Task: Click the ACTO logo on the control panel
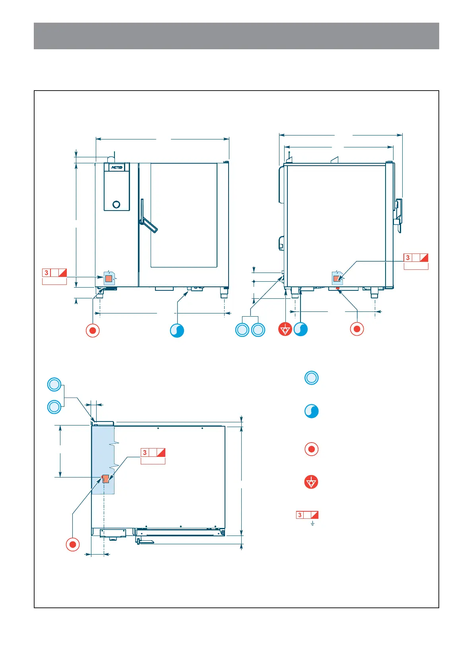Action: (x=117, y=167)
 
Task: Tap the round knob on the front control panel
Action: (x=116, y=205)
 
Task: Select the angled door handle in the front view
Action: (x=149, y=224)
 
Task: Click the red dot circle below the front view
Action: (x=93, y=331)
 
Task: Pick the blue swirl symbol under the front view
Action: (x=177, y=331)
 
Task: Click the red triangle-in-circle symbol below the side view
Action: (x=285, y=329)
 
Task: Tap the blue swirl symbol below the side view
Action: (x=300, y=329)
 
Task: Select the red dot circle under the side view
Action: (x=357, y=329)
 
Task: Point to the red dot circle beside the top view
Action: (x=73, y=544)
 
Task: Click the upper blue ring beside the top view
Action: (x=54, y=385)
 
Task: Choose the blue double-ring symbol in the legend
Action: (x=312, y=378)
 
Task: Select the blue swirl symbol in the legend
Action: (x=312, y=411)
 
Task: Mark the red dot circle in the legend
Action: (x=312, y=449)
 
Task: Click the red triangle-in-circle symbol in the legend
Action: (x=311, y=482)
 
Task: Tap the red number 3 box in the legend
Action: (x=307, y=515)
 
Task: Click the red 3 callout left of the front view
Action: (x=54, y=273)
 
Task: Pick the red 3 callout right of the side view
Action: (x=416, y=258)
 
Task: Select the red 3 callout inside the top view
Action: (x=153, y=452)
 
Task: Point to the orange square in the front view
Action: (x=109, y=278)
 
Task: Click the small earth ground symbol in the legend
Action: (x=313, y=524)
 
